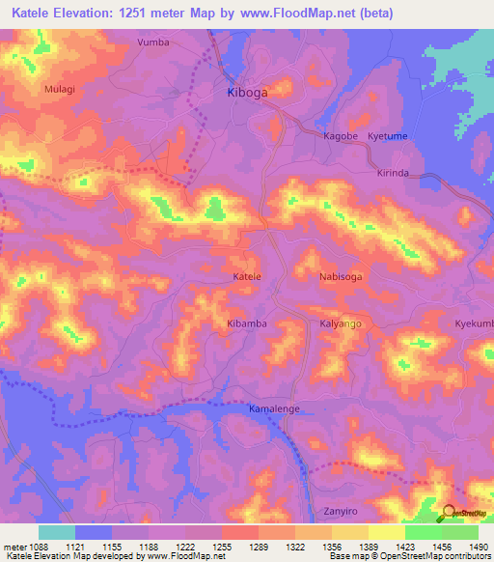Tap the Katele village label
point(247,277)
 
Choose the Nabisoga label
point(341,277)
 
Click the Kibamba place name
point(246,323)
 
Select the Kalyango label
point(341,323)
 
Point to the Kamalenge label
point(275,408)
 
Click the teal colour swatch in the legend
point(57,532)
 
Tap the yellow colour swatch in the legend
point(386,532)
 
